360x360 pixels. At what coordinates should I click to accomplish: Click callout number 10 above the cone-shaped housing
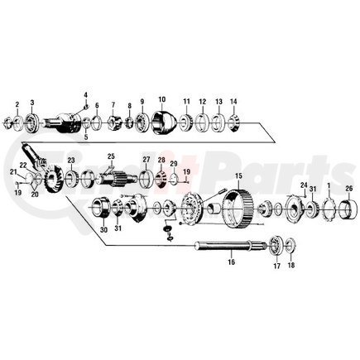(x=161, y=98)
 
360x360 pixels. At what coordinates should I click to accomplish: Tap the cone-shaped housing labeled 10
(x=161, y=122)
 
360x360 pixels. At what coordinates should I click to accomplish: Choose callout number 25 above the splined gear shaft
(x=110, y=156)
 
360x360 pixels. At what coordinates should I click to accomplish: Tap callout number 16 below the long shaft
(x=231, y=262)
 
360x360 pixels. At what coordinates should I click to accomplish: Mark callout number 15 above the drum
(x=238, y=176)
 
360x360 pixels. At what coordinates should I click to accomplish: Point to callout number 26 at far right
(x=348, y=188)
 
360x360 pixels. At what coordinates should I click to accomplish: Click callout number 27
(x=146, y=160)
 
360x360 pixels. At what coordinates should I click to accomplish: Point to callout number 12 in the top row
(x=202, y=100)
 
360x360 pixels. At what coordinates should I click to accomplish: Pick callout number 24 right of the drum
(x=304, y=185)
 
